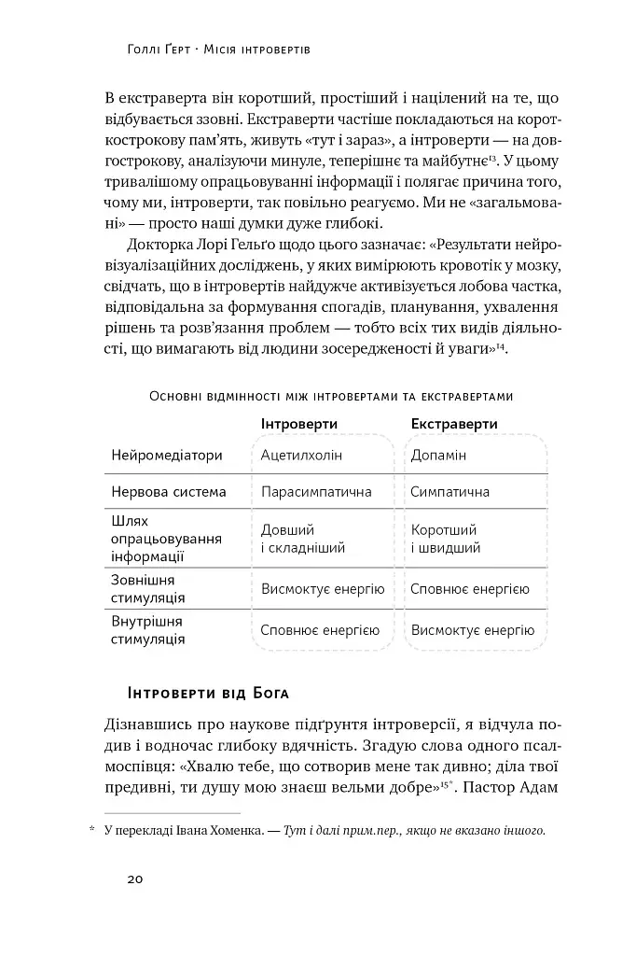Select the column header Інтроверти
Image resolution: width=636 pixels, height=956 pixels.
coord(298,424)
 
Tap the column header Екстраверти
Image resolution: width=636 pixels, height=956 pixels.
coord(454,424)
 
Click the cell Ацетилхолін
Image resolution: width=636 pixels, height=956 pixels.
coord(302,456)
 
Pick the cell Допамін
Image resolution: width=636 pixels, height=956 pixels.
coord(438,456)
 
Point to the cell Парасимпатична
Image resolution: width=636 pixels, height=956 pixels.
coord(316,492)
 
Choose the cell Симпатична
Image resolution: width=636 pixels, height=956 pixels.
coord(450,492)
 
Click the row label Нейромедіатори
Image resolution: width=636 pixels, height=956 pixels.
coord(167,456)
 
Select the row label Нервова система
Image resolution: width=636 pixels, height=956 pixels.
coord(169,492)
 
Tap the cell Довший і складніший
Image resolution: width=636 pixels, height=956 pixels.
coord(303,539)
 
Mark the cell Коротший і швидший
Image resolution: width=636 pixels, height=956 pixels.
coord(446,539)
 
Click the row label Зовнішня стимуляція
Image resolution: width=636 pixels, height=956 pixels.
coord(148,589)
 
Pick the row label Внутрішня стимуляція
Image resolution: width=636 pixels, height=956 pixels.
coord(148,630)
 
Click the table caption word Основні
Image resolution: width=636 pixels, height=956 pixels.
coord(182,397)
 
